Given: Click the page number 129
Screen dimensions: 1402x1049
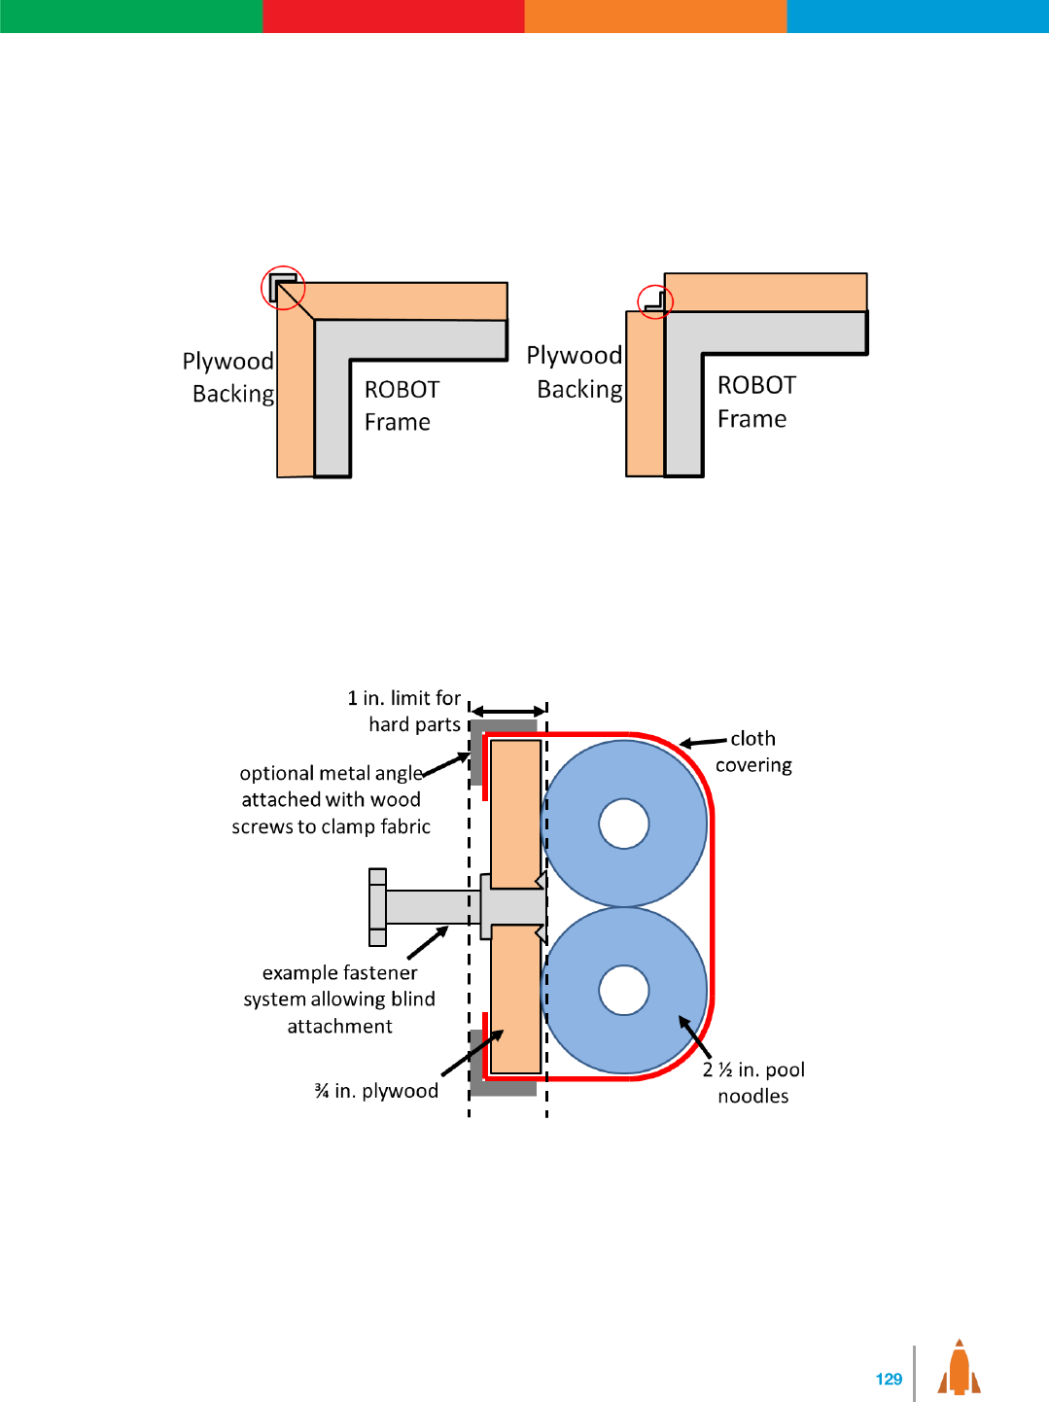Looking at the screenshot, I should pos(889,1379).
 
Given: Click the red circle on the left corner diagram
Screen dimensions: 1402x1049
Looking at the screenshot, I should pos(283,287).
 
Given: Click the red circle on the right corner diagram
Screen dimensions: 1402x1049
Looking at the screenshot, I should pos(655,301).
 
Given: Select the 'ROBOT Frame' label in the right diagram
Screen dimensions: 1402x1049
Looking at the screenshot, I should pos(755,402).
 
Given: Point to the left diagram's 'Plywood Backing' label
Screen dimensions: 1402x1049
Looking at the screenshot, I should pos(229,377).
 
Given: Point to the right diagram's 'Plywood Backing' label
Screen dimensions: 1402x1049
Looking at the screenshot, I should pos(576,372).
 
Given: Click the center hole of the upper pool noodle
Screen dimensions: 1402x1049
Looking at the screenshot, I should pos(624,824).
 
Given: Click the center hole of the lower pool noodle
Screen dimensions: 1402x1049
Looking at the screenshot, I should pos(624,990).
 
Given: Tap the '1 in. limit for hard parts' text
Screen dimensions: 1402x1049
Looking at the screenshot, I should pos(404,711).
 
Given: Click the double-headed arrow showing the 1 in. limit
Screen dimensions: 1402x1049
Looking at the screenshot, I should pos(508,712).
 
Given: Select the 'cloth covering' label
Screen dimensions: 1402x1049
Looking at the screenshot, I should pos(753,752).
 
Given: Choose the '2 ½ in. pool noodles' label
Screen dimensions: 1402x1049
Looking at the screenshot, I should pos(753,1082).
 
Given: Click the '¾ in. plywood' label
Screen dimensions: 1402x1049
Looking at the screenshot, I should pos(376,1091).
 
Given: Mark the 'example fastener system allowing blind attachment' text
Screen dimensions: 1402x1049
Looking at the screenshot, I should pos(339,999).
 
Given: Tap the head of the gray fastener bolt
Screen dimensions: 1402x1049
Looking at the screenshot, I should pos(378,907).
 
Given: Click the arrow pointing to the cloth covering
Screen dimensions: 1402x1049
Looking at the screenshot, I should pos(703,743).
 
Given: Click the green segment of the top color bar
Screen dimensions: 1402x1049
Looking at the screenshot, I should pos(131,17).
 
